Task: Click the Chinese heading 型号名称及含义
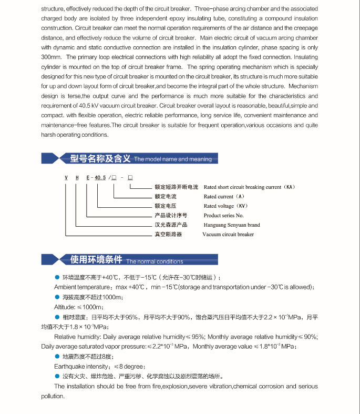100,158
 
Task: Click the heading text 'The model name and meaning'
173,159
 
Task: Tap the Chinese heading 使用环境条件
96,260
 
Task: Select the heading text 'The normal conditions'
155,261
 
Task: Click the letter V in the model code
66,177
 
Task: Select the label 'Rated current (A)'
224,197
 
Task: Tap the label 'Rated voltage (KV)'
225,206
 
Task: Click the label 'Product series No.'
224,216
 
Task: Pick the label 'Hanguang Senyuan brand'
232,225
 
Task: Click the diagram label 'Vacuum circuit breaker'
228,235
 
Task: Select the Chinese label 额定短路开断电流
176,187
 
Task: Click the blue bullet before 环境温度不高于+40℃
57,277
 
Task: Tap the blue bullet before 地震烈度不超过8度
57,357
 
